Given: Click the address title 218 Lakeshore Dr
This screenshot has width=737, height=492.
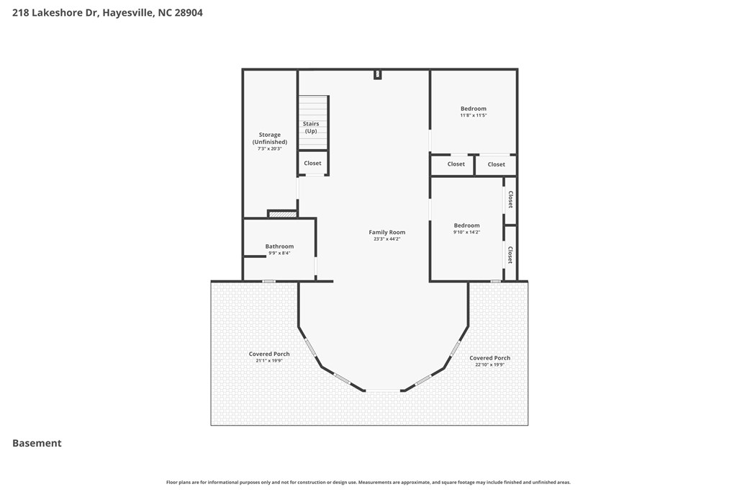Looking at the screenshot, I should [x=107, y=12].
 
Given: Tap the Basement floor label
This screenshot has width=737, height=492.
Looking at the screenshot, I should [x=37, y=443].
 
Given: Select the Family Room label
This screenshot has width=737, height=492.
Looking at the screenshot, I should [x=386, y=232].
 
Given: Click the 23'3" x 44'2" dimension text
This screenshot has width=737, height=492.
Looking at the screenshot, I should [x=386, y=239].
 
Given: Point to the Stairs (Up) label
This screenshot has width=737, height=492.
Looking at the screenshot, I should [x=311, y=128].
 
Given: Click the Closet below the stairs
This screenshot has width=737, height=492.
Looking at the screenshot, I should [x=312, y=164].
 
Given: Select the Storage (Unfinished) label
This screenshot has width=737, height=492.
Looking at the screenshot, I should [x=270, y=138].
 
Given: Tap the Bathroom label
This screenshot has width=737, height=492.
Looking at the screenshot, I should [x=279, y=246].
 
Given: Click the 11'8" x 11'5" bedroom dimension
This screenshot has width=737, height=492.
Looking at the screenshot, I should [x=474, y=115].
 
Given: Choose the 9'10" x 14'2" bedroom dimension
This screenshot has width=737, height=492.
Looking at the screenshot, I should [x=466, y=232].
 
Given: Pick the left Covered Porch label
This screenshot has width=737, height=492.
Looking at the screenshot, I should [x=269, y=354].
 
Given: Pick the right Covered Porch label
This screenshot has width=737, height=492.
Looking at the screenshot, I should [x=489, y=358].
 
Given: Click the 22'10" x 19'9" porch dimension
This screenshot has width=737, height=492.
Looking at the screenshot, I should [x=489, y=364].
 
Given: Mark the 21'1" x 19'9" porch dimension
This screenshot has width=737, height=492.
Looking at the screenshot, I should [x=269, y=360].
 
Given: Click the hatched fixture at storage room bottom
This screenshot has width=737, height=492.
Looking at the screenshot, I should [x=282, y=214].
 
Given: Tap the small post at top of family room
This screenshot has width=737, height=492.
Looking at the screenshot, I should [x=378, y=74].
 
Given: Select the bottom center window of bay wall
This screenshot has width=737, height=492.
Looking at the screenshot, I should [x=384, y=390].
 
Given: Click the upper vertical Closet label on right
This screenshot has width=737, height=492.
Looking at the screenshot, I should [x=510, y=200].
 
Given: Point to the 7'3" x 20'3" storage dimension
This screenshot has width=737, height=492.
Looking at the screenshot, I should [x=270, y=148].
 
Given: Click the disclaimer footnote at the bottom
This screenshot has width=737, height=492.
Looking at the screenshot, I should [x=368, y=482].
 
